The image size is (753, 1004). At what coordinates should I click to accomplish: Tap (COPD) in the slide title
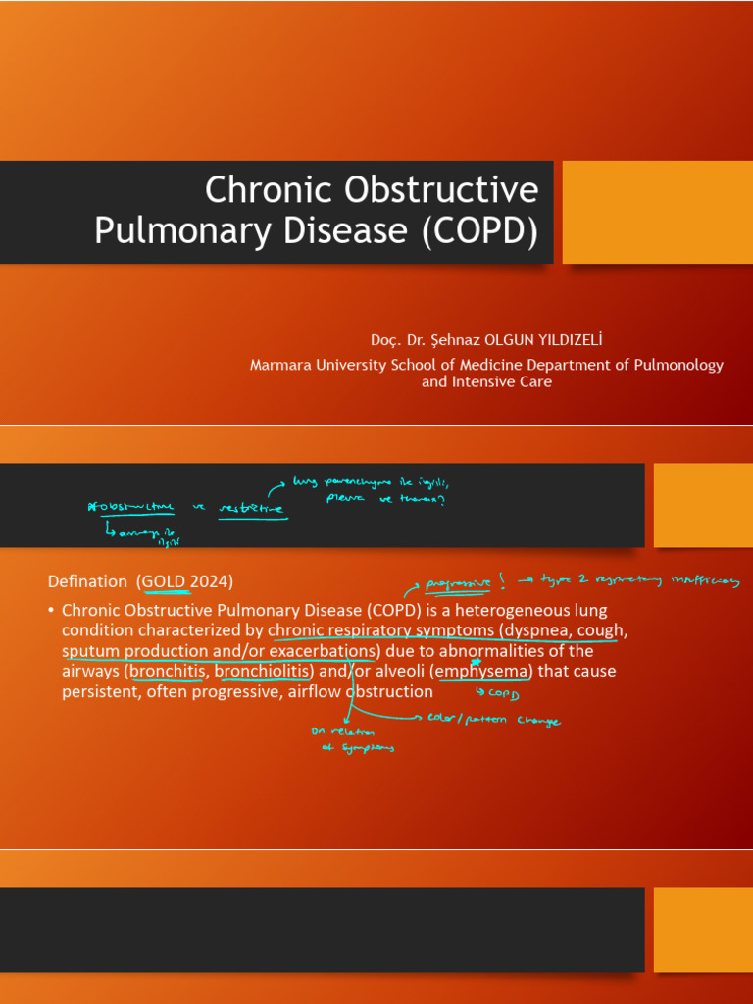480,230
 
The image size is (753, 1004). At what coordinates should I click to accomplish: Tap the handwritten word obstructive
133,507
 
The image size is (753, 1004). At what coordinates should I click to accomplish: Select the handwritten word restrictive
252,508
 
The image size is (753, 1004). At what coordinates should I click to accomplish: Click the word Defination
87,581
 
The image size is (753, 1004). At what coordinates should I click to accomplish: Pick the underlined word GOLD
163,581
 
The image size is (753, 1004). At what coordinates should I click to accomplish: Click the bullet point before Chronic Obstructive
51,610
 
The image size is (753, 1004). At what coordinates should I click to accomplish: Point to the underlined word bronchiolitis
262,672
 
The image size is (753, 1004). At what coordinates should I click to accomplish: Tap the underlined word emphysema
484,672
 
